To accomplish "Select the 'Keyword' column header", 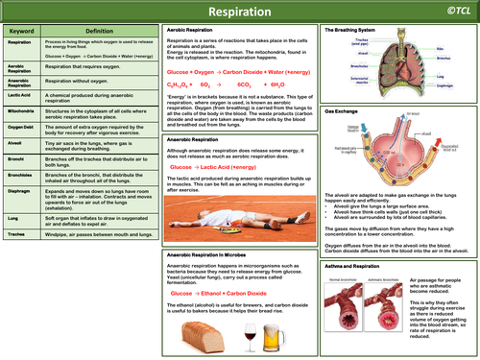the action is [21, 30].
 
